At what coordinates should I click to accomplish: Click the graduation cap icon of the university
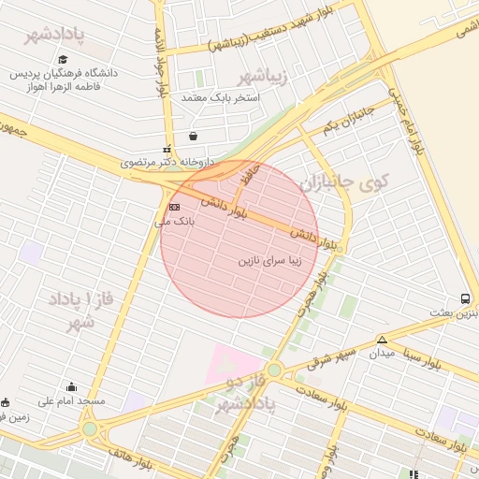[x=62, y=59]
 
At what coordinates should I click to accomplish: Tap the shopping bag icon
[x=193, y=136]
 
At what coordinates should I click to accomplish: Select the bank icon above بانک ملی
[x=174, y=207]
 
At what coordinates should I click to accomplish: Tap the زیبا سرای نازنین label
[x=269, y=261]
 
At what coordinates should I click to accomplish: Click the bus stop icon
[x=465, y=298]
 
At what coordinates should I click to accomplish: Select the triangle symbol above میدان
[x=382, y=340]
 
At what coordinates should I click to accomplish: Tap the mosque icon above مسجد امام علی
[x=71, y=386]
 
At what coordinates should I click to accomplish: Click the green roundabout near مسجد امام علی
[x=90, y=429]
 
